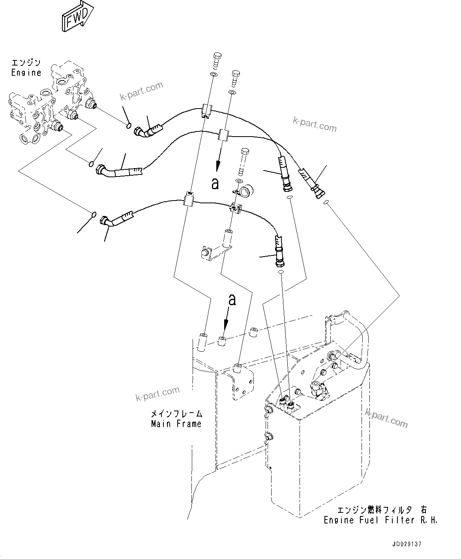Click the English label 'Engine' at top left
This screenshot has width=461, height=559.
tap(26, 73)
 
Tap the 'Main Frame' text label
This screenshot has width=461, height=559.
tap(176, 424)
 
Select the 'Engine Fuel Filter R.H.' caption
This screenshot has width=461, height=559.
tap(380, 520)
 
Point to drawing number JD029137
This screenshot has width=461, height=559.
tap(407, 544)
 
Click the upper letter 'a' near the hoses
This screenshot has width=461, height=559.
tap(215, 184)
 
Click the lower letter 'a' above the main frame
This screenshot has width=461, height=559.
tap(232, 300)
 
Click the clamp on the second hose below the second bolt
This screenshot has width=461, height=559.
tap(223, 135)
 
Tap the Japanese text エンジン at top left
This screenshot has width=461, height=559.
tap(26, 63)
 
